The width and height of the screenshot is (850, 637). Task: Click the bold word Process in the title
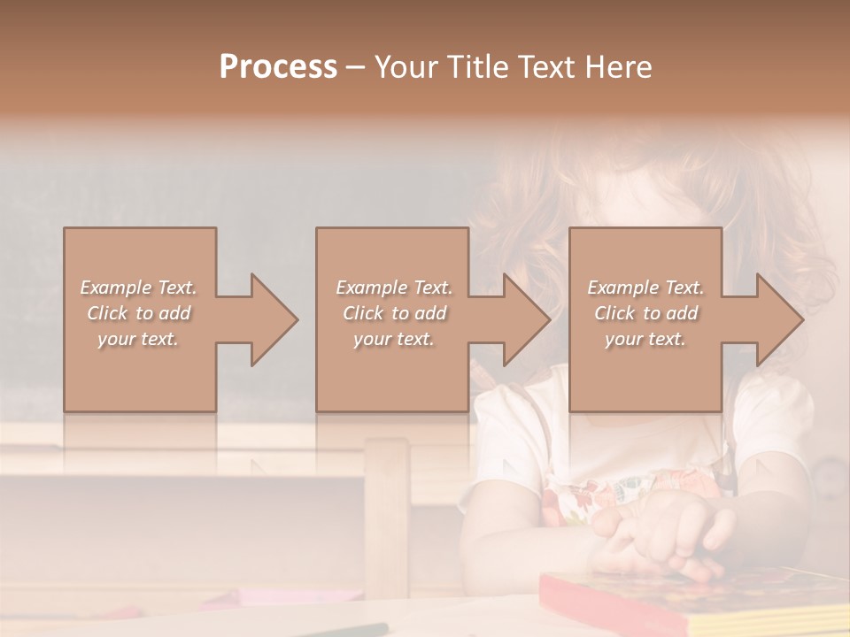[x=278, y=67]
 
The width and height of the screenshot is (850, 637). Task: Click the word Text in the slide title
[x=547, y=67]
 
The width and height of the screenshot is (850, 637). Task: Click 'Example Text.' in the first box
[x=138, y=288]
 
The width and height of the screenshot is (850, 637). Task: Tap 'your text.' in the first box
[x=138, y=339]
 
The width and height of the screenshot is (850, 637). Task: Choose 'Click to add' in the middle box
[x=394, y=313]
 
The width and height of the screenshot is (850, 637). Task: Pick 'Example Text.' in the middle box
[x=394, y=288]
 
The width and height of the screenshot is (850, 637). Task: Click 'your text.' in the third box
[x=645, y=339]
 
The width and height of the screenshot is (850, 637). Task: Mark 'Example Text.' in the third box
[x=645, y=288]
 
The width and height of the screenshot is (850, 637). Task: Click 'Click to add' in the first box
[x=138, y=313]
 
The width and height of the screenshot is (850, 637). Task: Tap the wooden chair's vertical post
[x=387, y=504]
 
